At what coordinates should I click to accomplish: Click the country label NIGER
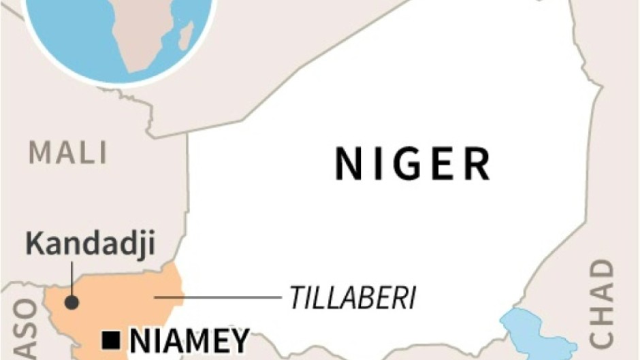coord(413,164)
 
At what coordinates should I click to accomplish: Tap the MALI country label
coord(68,152)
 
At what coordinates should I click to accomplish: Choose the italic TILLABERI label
coord(352,297)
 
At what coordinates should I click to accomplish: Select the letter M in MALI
coord(40,152)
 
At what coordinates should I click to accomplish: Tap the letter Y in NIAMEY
coord(238,339)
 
